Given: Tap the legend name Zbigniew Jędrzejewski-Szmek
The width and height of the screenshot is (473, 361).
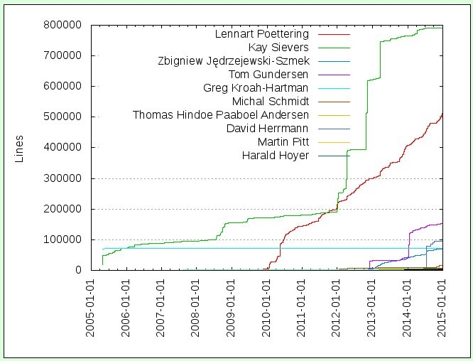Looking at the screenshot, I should [x=233, y=61].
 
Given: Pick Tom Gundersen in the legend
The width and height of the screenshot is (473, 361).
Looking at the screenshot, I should [x=268, y=75].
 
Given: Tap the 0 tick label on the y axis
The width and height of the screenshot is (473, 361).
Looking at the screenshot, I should [x=77, y=270].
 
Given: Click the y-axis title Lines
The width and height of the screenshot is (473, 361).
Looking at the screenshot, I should [x=20, y=148].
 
